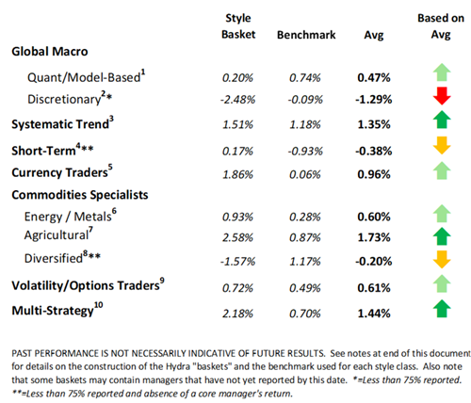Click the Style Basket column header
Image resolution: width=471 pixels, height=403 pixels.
pyautogui.click(x=237, y=27)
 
